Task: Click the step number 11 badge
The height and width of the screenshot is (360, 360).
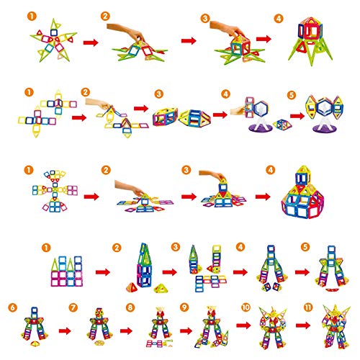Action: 308,307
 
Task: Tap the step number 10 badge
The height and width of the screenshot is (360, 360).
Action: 246,307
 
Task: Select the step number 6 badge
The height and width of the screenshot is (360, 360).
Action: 12,307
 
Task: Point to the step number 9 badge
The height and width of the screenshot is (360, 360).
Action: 184,307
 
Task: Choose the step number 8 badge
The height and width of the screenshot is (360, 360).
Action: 130,307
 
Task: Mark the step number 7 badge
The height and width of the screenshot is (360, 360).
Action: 73,307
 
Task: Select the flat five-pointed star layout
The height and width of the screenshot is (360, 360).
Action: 53,41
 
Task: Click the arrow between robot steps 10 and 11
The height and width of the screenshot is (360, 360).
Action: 303,325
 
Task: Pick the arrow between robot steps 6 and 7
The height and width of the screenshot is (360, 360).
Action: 65,331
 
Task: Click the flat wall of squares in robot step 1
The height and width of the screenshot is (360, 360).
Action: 67,271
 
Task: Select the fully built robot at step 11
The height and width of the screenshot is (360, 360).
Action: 336,327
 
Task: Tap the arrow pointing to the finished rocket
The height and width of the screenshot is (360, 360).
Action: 264,39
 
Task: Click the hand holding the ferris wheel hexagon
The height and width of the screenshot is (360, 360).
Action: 238,111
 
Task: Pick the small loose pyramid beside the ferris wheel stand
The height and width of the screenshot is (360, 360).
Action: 283,125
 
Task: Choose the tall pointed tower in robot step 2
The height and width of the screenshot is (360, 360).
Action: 144,265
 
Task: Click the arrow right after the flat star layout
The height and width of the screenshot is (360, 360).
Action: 91,42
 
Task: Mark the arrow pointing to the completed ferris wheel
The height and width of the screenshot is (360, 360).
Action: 297,116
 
